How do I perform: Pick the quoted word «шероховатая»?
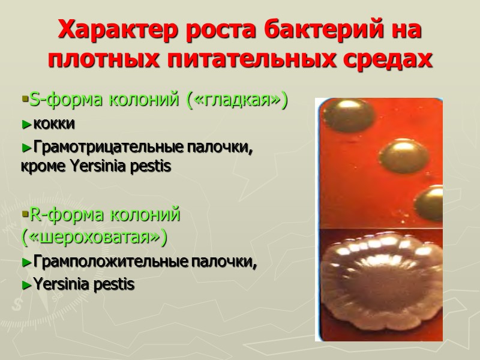point(93,237)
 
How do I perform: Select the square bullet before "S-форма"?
point(23,98)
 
